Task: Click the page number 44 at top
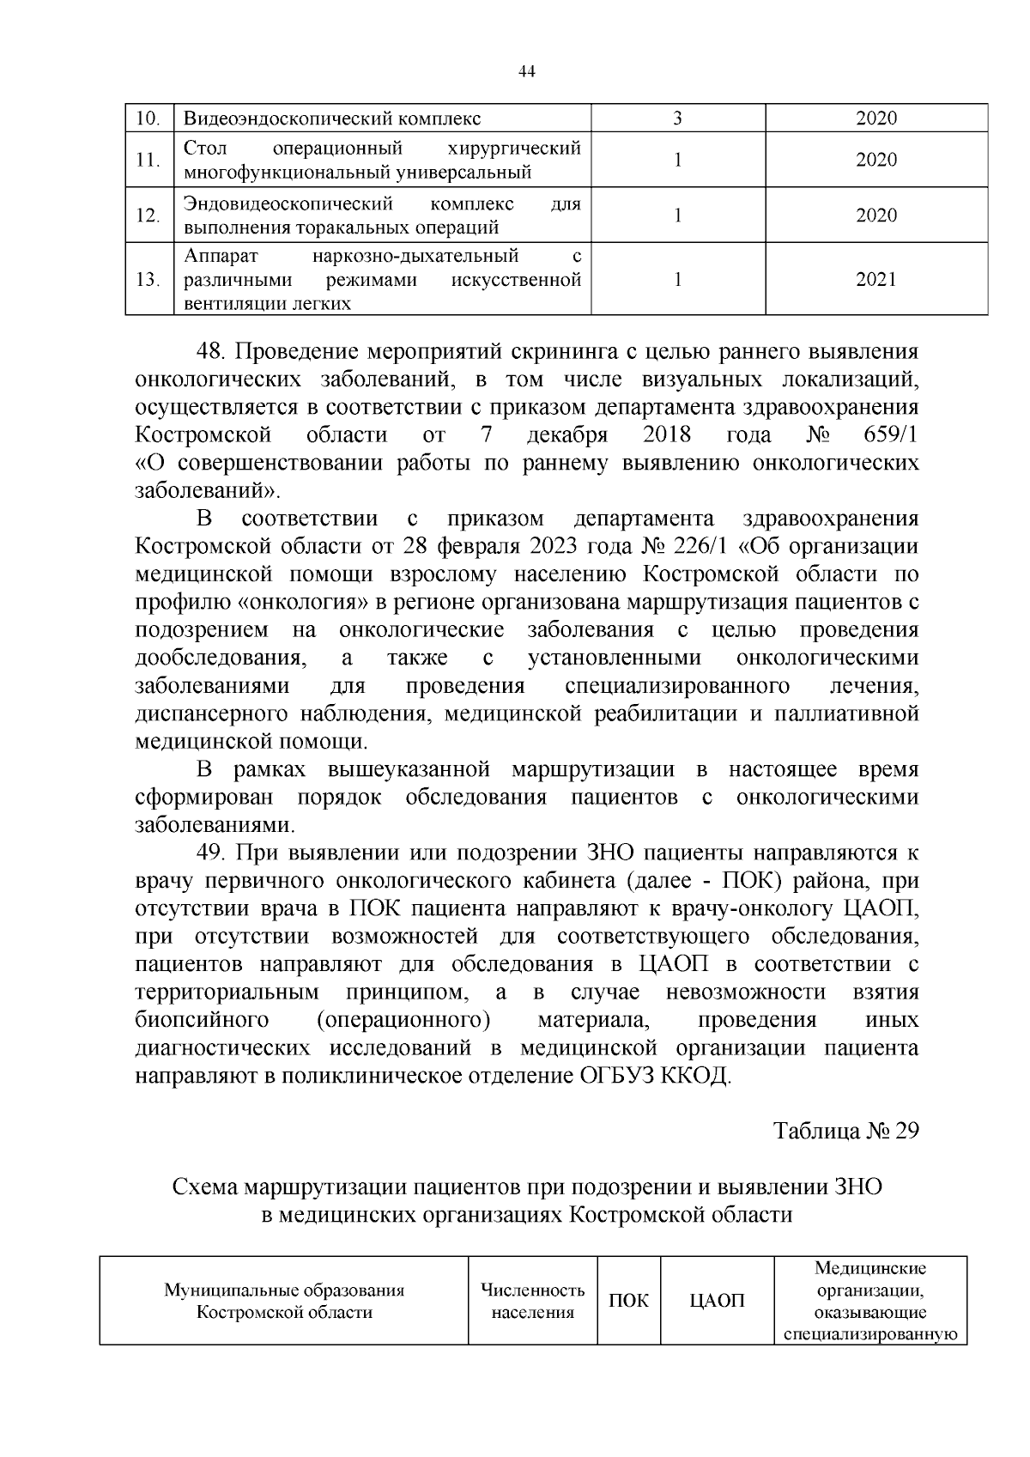coord(527,72)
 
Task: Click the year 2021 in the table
coord(875,279)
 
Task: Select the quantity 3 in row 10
coord(677,118)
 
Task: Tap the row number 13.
coord(148,280)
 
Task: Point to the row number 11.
coord(148,161)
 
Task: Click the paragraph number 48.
coord(210,352)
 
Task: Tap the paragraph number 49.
coord(210,853)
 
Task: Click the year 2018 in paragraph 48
coord(668,435)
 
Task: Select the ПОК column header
coord(628,1301)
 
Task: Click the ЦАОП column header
coord(718,1301)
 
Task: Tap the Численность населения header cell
coord(532,1301)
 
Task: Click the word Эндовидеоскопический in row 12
coord(288,204)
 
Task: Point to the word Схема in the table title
coord(205,1187)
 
